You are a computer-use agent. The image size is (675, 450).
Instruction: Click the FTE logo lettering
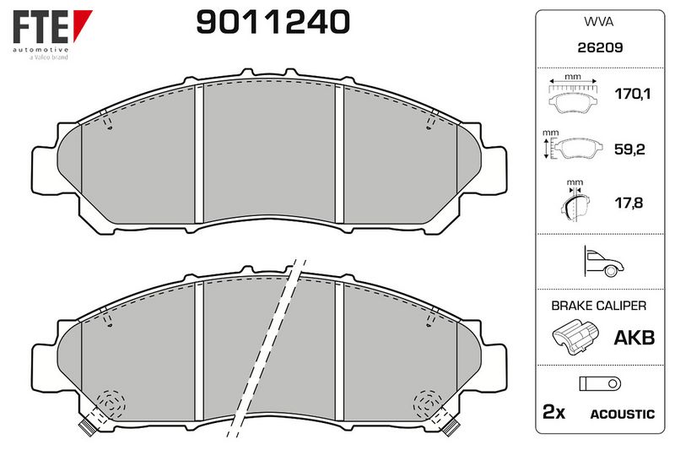[40, 27]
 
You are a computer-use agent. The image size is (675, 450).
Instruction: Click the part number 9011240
[273, 22]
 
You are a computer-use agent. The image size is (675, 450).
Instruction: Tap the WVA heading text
[599, 22]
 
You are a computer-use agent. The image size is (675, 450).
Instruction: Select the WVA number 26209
[600, 47]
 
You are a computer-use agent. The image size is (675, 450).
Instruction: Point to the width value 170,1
[632, 94]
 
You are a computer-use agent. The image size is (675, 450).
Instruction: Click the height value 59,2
[629, 149]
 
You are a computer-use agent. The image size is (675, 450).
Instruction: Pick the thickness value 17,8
[629, 203]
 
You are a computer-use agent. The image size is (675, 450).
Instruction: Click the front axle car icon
[604, 262]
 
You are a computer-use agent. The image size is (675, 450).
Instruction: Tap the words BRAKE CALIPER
[599, 306]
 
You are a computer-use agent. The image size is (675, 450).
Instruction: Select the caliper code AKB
[634, 338]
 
